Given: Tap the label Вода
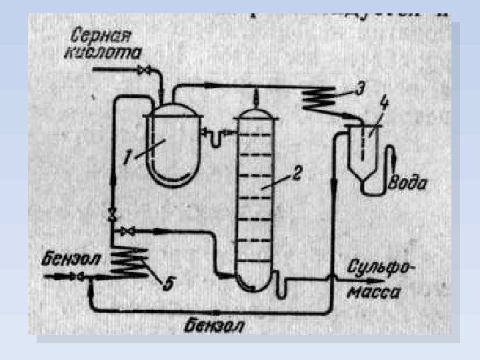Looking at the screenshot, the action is click(408, 182).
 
